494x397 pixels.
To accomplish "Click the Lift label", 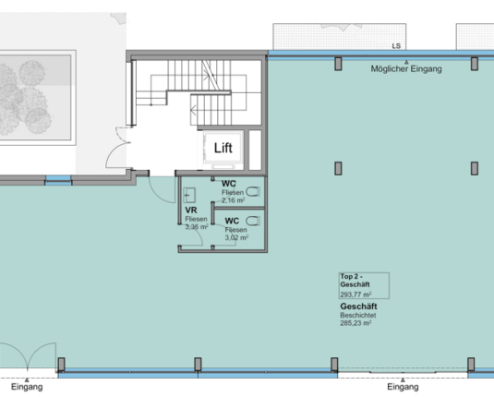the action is pyautogui.click(x=223, y=148).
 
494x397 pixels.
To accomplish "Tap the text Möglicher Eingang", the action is pyautogui.click(x=406, y=69).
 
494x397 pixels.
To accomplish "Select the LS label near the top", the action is pyautogui.click(x=396, y=46).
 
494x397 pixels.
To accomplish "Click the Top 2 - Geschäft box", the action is pyautogui.click(x=364, y=285).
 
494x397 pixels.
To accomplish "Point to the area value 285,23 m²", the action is pyautogui.click(x=355, y=323).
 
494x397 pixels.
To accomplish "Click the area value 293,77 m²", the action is pyautogui.click(x=355, y=295).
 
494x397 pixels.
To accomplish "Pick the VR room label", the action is pyautogui.click(x=191, y=211).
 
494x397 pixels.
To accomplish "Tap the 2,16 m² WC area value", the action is pyautogui.click(x=233, y=200).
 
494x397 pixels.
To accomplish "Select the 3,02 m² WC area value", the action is pyautogui.click(x=236, y=237).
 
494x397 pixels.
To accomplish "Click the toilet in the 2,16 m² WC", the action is pyautogui.click(x=253, y=191).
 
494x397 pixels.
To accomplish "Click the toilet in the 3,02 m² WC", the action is pyautogui.click(x=253, y=221).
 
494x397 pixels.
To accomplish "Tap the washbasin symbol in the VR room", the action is pyautogui.click(x=189, y=195).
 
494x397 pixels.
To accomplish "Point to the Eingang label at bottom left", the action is pyautogui.click(x=27, y=387).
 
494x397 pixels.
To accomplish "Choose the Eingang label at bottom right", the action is pyautogui.click(x=403, y=387).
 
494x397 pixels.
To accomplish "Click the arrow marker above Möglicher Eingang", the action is pyautogui.click(x=406, y=62).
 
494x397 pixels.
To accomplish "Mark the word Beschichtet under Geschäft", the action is pyautogui.click(x=358, y=315).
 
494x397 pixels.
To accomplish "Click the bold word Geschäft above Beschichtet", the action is pyautogui.click(x=358, y=307).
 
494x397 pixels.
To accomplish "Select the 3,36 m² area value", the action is pyautogui.click(x=197, y=227).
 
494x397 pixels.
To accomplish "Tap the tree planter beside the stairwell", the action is pyautogui.click(x=35, y=97).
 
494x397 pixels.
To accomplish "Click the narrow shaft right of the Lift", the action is pyautogui.click(x=255, y=150).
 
